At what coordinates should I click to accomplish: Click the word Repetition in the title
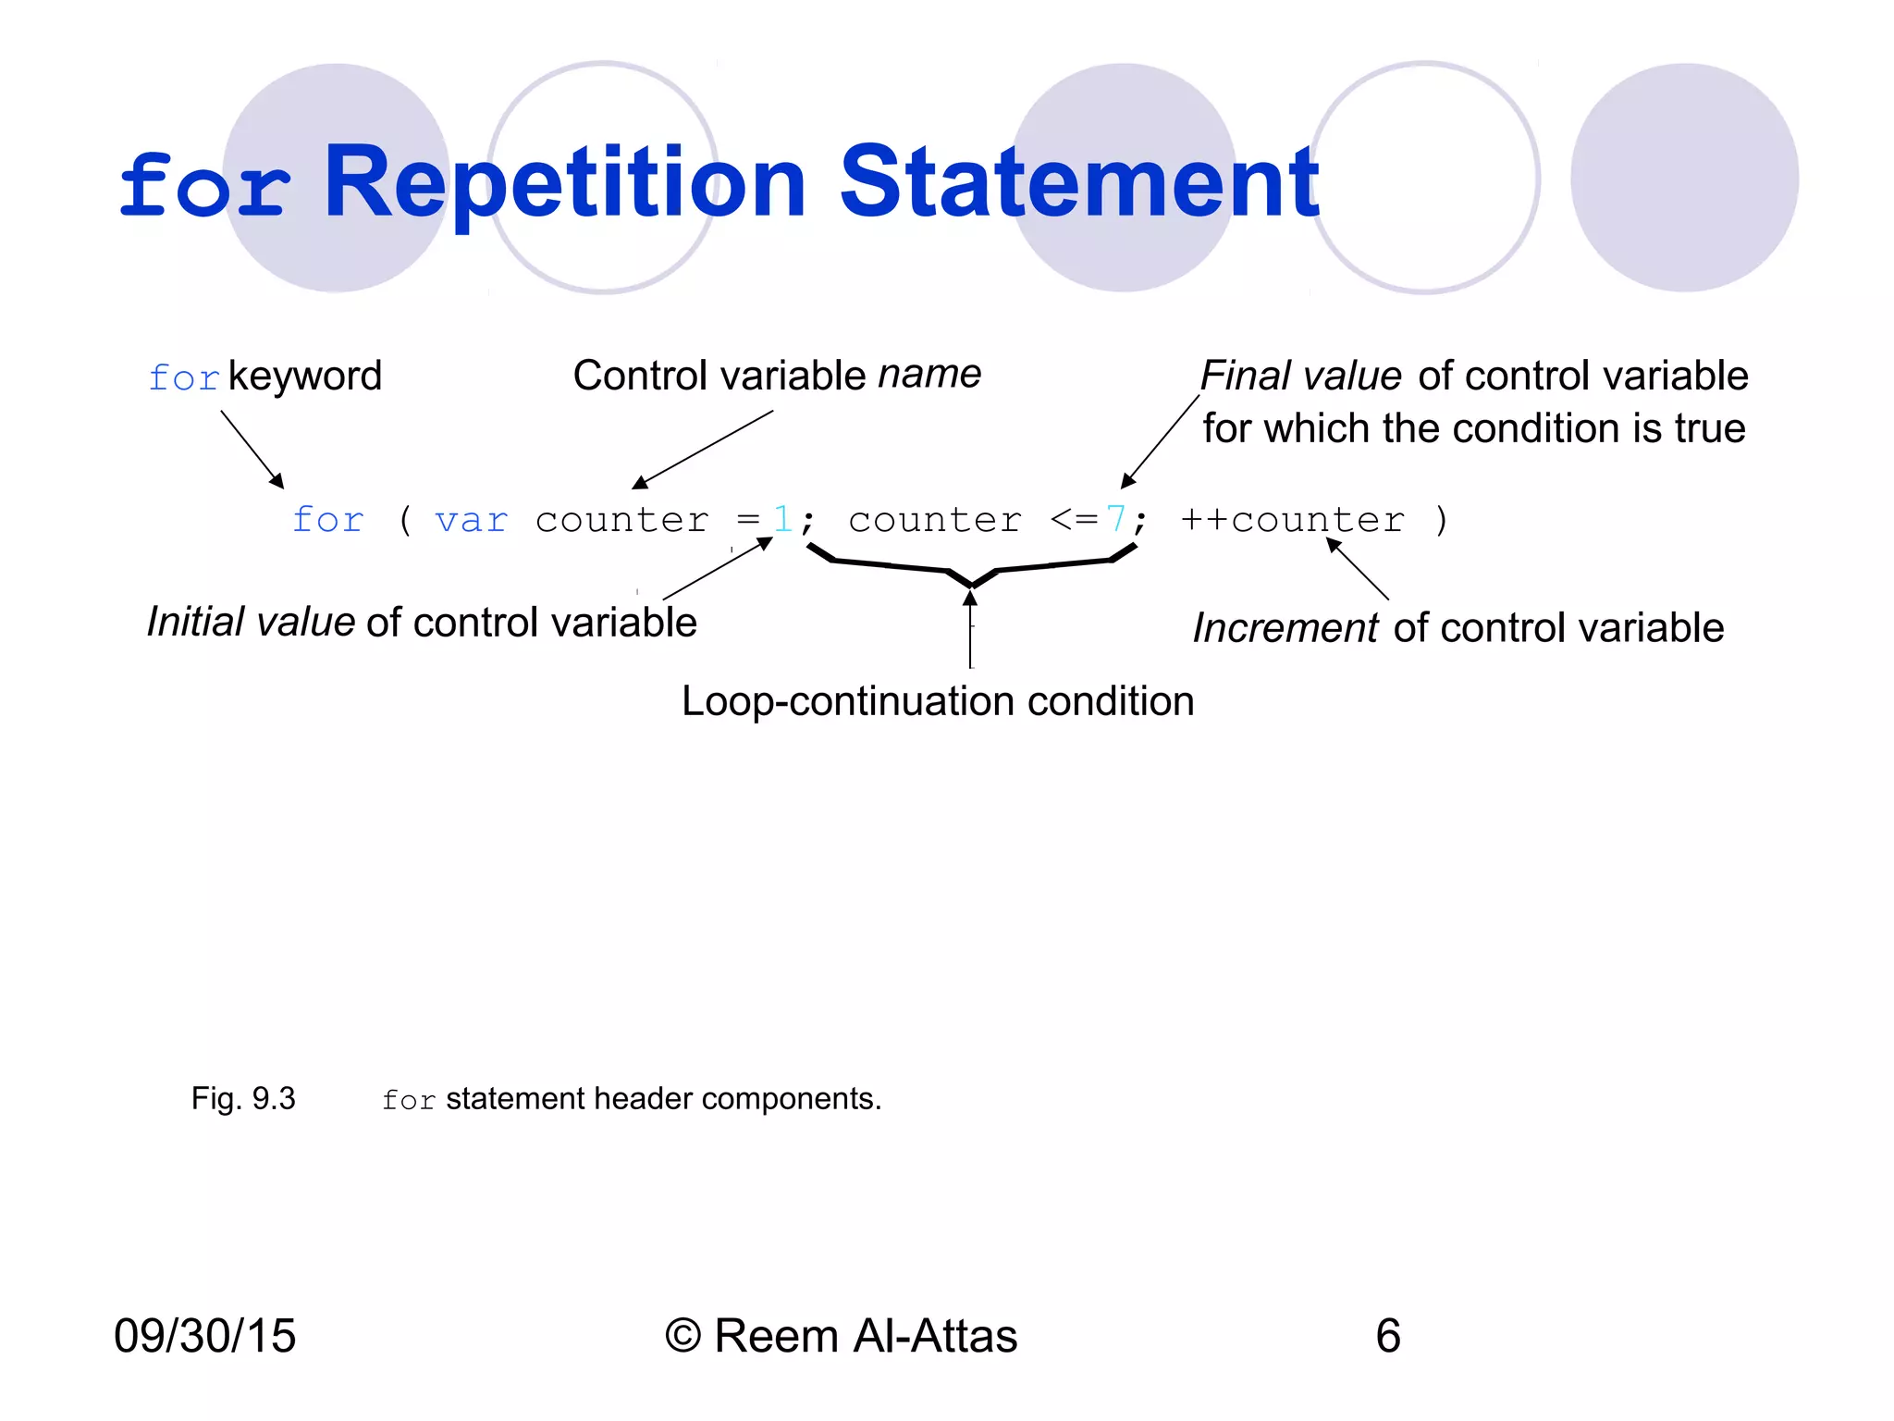(x=565, y=184)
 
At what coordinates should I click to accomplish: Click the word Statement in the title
(x=1078, y=184)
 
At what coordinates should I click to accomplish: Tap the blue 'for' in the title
(x=205, y=188)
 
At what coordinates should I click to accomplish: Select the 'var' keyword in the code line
(x=471, y=521)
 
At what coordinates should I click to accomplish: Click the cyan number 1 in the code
(x=782, y=519)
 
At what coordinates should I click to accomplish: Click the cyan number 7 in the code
(x=1116, y=519)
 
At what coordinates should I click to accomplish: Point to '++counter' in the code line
(x=1292, y=520)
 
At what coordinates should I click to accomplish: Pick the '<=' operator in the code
(x=1074, y=520)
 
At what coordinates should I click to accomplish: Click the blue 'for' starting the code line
(x=328, y=520)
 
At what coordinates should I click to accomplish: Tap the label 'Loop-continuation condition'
(x=938, y=701)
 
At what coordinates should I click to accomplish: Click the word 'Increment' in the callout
(x=1285, y=628)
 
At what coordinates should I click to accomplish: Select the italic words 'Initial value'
(x=251, y=623)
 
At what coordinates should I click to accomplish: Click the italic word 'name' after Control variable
(x=929, y=375)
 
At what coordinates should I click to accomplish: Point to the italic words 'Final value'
(x=1300, y=376)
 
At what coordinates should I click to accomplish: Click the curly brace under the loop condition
(x=971, y=571)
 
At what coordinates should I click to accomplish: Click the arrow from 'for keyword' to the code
(x=252, y=449)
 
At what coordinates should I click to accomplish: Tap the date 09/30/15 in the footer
(x=204, y=1336)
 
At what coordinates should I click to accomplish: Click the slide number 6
(x=1387, y=1336)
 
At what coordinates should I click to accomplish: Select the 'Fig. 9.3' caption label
(x=243, y=1098)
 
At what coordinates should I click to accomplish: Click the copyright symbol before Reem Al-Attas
(x=683, y=1337)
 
